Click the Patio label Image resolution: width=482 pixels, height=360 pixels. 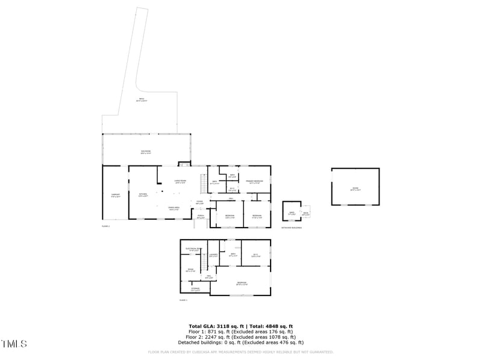click(141, 101)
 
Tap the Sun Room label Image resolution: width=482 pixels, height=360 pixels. click(146, 153)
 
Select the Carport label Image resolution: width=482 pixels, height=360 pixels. click(115, 195)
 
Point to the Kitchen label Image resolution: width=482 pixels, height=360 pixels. click(143, 195)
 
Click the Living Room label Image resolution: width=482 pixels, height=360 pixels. click(180, 182)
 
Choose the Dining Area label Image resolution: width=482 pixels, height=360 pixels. click(174, 208)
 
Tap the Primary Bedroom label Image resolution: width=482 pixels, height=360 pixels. click(254, 182)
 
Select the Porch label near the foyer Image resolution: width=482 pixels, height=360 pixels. click(201, 217)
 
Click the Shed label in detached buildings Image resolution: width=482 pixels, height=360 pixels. click(292, 213)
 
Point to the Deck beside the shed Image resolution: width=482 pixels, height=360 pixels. click(305, 214)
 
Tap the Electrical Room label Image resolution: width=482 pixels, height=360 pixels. click(194, 249)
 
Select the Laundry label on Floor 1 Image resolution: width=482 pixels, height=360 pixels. click(213, 255)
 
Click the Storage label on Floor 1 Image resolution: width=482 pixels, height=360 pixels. click(195, 290)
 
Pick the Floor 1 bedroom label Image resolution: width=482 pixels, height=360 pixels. click(242, 284)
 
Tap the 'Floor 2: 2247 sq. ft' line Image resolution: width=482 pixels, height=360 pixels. click(241, 337)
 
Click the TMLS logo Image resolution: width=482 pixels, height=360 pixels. click(14, 344)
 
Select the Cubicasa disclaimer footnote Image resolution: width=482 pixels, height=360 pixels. click(241, 352)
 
